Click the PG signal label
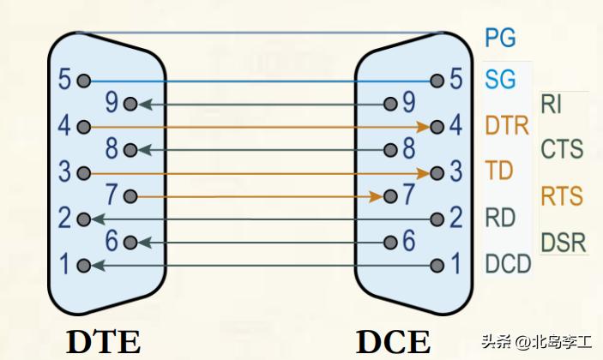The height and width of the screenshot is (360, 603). click(501, 38)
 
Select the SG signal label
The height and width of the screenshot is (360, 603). click(501, 81)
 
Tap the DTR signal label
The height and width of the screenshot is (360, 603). click(506, 126)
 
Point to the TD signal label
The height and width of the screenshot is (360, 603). click(499, 171)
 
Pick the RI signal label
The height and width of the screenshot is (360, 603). click(552, 105)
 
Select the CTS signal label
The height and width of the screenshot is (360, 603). click(562, 150)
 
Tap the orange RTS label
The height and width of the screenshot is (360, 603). click(562, 196)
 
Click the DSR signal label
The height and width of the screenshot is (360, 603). click(563, 243)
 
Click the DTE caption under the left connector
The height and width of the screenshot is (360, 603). click(104, 341)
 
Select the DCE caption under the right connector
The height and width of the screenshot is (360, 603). click(394, 341)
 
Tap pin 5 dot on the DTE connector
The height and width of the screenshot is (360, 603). click(83, 81)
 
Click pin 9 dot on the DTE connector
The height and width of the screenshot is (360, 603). click(130, 105)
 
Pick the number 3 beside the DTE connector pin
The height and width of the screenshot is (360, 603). click(64, 171)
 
